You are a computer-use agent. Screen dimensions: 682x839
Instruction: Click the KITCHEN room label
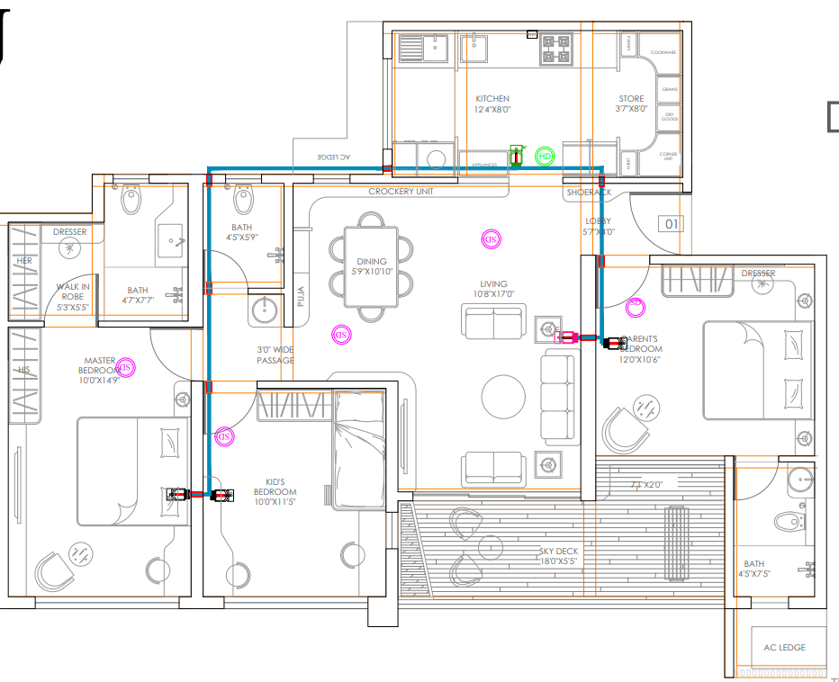(492, 99)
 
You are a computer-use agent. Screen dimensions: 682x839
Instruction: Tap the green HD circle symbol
(544, 157)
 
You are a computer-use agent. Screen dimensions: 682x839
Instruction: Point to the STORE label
(631, 99)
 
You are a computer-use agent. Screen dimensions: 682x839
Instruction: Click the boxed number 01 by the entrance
(671, 223)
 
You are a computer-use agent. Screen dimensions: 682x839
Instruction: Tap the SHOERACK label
(589, 193)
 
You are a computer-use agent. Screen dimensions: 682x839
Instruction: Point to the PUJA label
(302, 296)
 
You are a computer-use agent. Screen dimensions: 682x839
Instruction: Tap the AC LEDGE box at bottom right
(784, 648)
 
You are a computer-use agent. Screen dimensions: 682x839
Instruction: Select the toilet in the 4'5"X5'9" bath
(242, 197)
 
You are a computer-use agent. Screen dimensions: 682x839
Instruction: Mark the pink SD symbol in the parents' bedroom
(635, 304)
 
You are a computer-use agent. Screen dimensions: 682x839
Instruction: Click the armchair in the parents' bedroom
(626, 429)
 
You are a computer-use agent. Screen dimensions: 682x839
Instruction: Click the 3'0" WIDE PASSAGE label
(275, 354)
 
